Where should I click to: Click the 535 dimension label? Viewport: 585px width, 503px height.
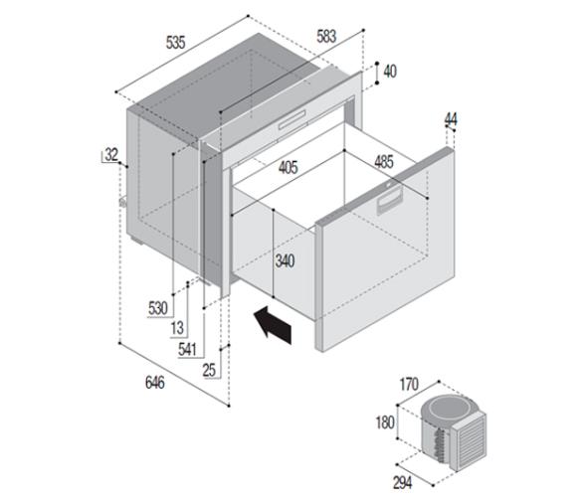tap(175, 42)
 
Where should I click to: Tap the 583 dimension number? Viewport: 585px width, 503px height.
tap(326, 36)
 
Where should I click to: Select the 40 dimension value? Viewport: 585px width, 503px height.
tap(390, 72)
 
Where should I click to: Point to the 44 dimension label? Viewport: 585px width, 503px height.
tap(451, 119)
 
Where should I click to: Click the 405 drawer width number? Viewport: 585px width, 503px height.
tap(289, 167)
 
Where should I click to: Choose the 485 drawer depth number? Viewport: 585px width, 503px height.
tap(384, 162)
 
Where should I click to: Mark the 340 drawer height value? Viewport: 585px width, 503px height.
tap(285, 261)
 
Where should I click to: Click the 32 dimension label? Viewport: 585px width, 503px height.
tap(111, 154)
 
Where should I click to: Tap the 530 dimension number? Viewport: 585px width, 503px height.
tap(158, 308)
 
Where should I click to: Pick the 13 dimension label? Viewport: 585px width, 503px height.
tap(177, 328)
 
